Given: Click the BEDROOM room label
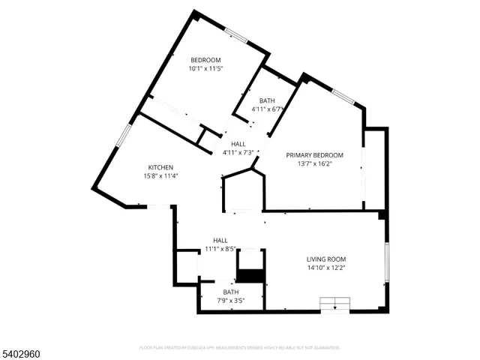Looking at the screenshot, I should pyautogui.click(x=205, y=60).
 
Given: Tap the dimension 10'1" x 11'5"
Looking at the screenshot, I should pyautogui.click(x=205, y=68).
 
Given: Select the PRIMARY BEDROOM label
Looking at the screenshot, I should pyautogui.click(x=315, y=155).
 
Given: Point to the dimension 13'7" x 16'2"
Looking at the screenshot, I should pyautogui.click(x=315, y=163).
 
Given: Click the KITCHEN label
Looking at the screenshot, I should pyautogui.click(x=160, y=167).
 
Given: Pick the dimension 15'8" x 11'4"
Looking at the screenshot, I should pyautogui.click(x=160, y=175).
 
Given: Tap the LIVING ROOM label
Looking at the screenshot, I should pyautogui.click(x=325, y=259).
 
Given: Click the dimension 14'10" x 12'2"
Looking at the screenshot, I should pyautogui.click(x=325, y=268).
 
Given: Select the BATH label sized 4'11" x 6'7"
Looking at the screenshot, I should pyautogui.click(x=267, y=100).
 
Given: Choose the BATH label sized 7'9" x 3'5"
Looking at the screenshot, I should pyautogui.click(x=230, y=292).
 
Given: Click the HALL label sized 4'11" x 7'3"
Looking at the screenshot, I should pyautogui.click(x=238, y=144).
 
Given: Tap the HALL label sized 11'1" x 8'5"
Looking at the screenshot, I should pyautogui.click(x=220, y=240).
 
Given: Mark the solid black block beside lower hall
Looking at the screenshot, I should pyautogui.click(x=251, y=275).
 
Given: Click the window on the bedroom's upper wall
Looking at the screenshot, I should pyautogui.click(x=238, y=34).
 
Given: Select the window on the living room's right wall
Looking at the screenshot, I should pyautogui.click(x=386, y=262).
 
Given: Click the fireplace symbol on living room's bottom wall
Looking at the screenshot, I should pyautogui.click(x=335, y=303).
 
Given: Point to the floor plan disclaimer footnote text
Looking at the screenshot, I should pyautogui.click(x=240, y=347).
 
